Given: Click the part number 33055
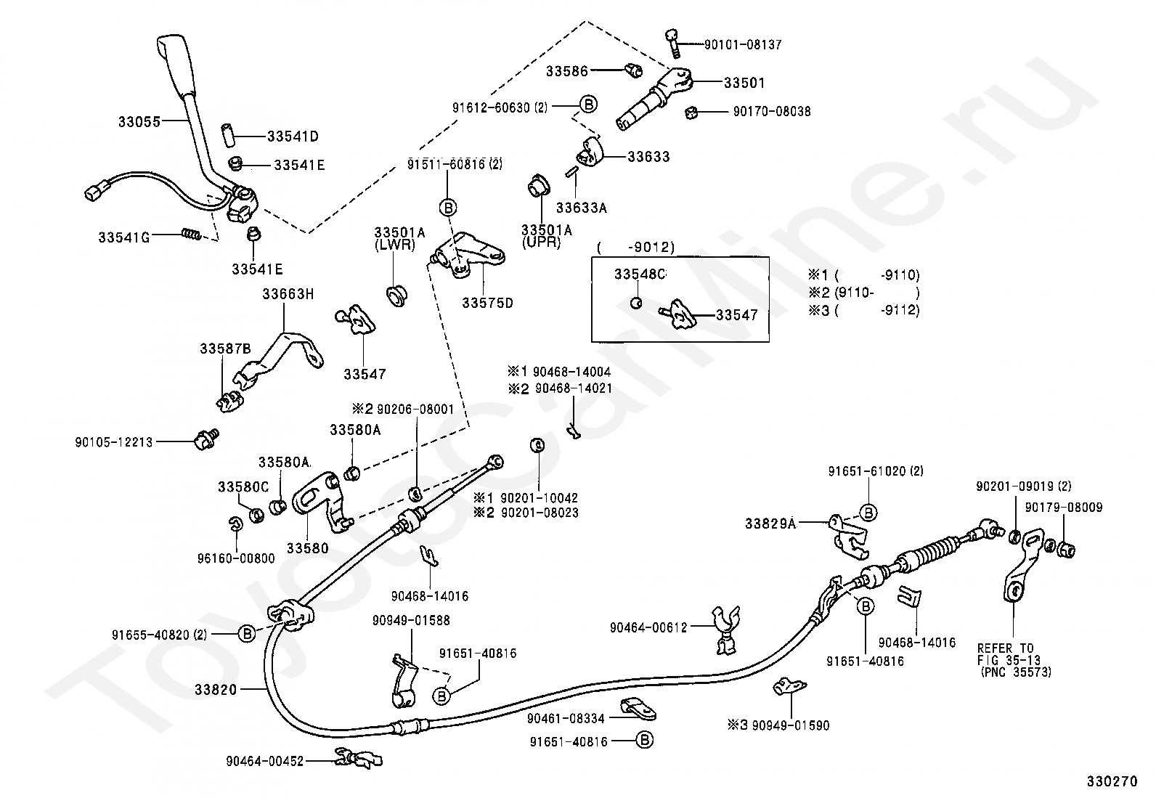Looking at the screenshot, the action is click(139, 122).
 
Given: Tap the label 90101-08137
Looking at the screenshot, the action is click(743, 45).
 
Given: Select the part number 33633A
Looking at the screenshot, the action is click(581, 208).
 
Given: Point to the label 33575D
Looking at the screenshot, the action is click(488, 303).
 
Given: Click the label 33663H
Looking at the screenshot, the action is click(288, 294).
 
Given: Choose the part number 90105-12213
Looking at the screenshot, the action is click(114, 442).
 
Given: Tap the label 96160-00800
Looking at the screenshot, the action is click(236, 558).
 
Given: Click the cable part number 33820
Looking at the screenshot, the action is click(216, 690).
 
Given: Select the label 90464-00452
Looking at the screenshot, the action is click(265, 762).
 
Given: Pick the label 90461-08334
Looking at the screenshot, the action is click(566, 719).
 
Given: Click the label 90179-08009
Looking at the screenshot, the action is click(1064, 508).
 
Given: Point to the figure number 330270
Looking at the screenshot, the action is click(1112, 781).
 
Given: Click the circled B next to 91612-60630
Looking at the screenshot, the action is click(588, 105).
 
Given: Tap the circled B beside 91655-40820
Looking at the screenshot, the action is click(247, 633).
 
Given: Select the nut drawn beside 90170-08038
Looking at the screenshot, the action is click(691, 112).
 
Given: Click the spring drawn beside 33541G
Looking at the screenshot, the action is click(190, 235).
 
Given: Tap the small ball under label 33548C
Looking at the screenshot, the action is click(637, 303).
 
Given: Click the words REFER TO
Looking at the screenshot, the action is click(1005, 648).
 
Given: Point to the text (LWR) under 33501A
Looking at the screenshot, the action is click(395, 245).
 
